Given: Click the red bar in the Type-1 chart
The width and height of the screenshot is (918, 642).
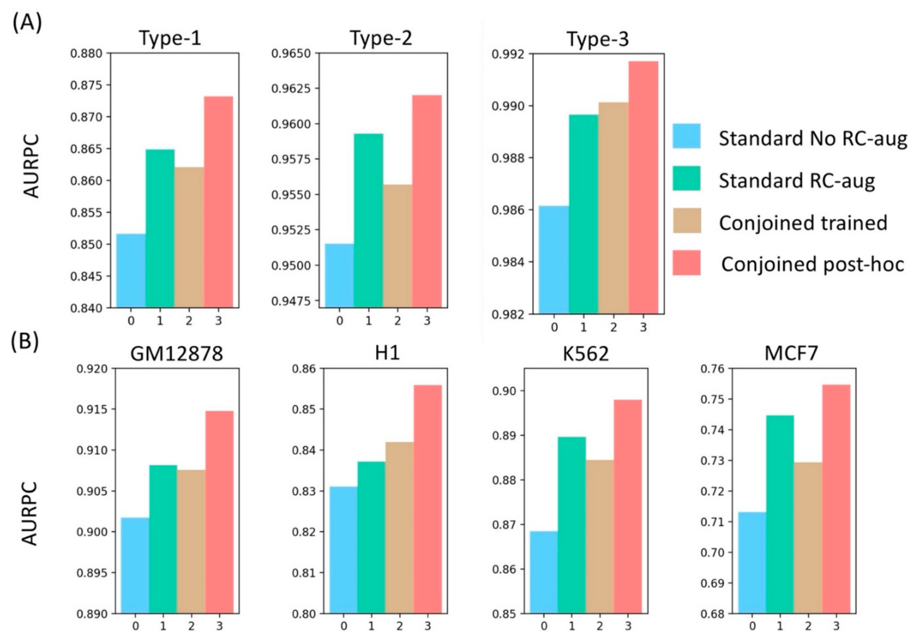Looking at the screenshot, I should pyautogui.click(x=218, y=202).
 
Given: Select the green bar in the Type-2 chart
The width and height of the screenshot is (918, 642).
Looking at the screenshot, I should pyautogui.click(x=368, y=220).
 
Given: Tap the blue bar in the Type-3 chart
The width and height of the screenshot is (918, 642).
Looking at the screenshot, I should pyautogui.click(x=554, y=260).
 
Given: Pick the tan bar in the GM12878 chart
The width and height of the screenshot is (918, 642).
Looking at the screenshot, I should pyautogui.click(x=191, y=541).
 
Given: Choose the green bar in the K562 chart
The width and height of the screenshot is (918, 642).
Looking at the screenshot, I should pyautogui.click(x=572, y=525).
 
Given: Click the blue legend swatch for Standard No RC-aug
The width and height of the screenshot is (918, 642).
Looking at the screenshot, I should pyautogui.click(x=686, y=136).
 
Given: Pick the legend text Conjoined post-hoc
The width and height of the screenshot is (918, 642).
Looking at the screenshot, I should pyautogui.click(x=812, y=264).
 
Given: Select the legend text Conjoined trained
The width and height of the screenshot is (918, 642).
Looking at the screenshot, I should pyautogui.click(x=803, y=222).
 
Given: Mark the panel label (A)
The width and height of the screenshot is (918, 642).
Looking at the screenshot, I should pyautogui.click(x=27, y=23).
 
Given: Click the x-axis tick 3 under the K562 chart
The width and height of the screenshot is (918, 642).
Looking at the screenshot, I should pyautogui.click(x=627, y=626).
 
